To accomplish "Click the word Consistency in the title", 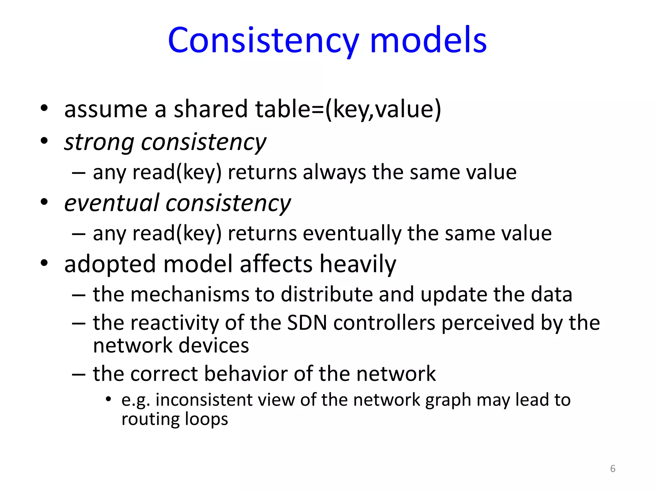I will [x=263, y=41].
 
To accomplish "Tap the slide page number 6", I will [x=612, y=469].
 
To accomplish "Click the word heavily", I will [x=358, y=265].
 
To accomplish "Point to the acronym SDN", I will [x=307, y=323].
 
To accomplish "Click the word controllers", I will [x=384, y=323].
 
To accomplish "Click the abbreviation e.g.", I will [x=136, y=401].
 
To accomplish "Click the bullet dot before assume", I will [x=44, y=108].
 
